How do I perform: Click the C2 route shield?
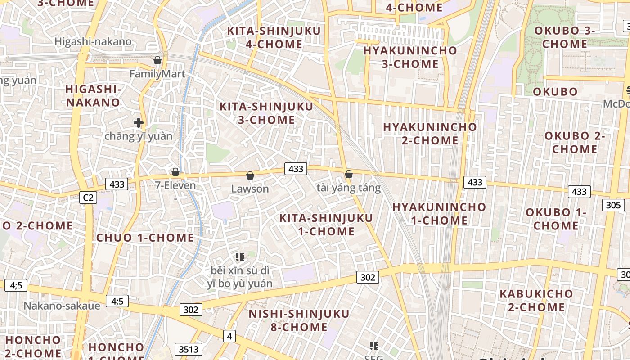(x=88, y=197)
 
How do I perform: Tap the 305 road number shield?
(x=613, y=205)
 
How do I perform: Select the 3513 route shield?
(x=188, y=349)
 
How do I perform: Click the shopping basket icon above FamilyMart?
(x=157, y=60)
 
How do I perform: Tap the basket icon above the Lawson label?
(x=250, y=175)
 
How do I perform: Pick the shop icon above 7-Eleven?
(x=175, y=172)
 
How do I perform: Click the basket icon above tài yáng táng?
(x=348, y=174)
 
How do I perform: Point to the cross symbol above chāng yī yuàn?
(x=139, y=122)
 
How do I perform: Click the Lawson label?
(x=250, y=189)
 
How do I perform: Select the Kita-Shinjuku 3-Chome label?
(x=266, y=113)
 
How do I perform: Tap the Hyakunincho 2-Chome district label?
(x=430, y=134)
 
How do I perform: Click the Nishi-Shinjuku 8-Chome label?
(x=299, y=320)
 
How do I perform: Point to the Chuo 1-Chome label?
(x=145, y=238)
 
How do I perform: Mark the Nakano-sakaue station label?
(x=62, y=306)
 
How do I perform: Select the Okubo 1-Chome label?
(x=556, y=219)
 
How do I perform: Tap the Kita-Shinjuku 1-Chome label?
(x=326, y=225)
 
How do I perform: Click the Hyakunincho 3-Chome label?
(x=410, y=57)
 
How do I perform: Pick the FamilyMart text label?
(x=157, y=74)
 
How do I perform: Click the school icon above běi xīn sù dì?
(x=239, y=257)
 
